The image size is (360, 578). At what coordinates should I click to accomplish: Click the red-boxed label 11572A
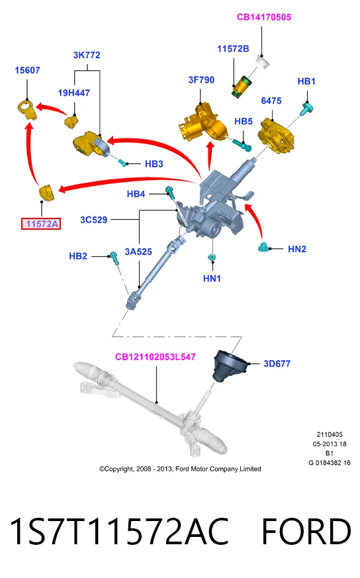pos(41,224)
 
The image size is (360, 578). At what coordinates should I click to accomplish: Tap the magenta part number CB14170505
pos(264,17)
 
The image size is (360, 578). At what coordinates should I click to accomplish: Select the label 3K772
pos(87,55)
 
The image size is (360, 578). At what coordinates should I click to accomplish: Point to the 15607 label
pos(27,70)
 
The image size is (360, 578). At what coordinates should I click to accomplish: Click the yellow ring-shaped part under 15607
pos(27,109)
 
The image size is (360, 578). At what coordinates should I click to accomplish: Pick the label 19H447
pos(74,93)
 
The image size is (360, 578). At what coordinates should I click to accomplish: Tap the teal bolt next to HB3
pos(122,162)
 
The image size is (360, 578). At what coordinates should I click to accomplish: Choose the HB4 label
pos(136,194)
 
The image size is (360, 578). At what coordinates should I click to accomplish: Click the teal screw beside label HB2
pos(114,258)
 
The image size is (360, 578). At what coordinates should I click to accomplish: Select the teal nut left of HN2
pos(264,248)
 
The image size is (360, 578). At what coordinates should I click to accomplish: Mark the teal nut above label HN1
pos(212,257)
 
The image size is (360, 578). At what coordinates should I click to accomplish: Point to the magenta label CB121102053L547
pos(156,357)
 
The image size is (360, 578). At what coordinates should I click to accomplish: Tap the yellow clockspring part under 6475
pos(277,135)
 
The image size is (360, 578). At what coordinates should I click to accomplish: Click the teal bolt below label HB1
pos(306,109)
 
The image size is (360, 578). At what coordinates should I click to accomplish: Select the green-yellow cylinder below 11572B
pos(240,87)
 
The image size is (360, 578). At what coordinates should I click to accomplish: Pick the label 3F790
pos(201,80)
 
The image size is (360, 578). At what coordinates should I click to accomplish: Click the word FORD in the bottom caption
pos(306,531)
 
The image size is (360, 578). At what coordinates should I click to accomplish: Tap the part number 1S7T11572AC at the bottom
pos(119,531)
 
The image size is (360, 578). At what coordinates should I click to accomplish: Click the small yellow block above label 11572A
pos(47,193)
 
